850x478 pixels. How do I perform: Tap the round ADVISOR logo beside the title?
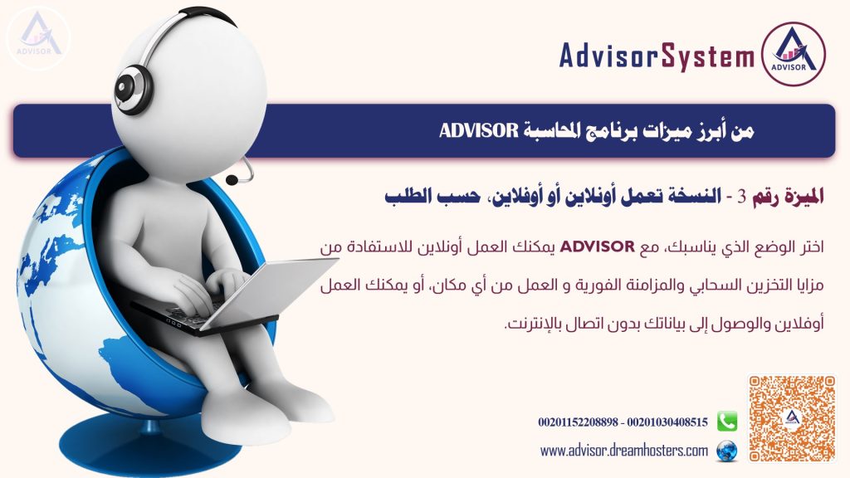tap(794, 54)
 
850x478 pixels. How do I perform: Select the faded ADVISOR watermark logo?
tap(38, 38)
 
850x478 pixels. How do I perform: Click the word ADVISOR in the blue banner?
tap(479, 130)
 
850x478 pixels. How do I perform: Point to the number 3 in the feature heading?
tap(741, 197)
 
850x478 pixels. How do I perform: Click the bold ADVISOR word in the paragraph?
tap(597, 246)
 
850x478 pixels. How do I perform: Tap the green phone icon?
tap(727, 421)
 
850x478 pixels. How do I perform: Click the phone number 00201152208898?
tap(578, 422)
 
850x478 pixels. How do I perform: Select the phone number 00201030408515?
tap(667, 422)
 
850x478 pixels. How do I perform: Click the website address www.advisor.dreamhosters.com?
tap(624, 451)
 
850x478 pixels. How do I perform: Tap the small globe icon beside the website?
tap(727, 451)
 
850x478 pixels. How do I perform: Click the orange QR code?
tap(792, 418)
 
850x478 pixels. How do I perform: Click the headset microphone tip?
tap(232, 179)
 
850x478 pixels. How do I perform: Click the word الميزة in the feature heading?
tap(801, 196)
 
